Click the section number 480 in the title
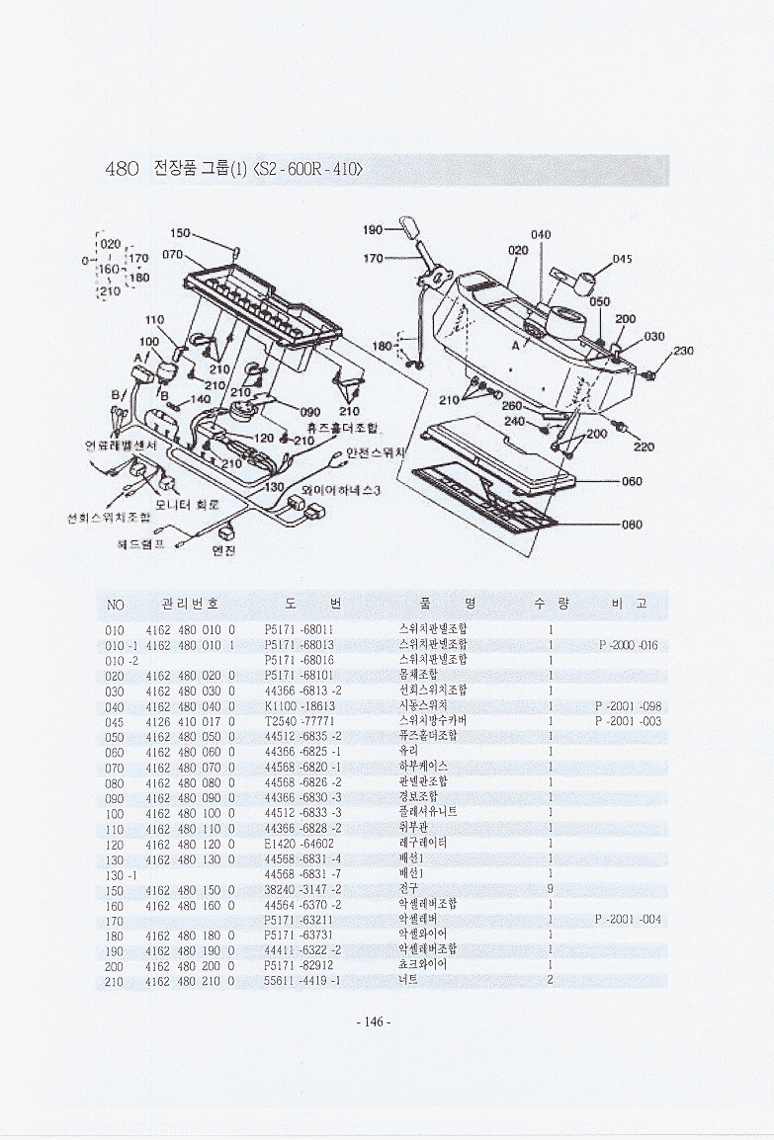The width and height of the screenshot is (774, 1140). pos(122,169)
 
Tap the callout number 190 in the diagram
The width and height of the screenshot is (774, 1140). pos(373,229)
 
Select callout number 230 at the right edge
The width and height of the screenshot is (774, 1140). pos(683,350)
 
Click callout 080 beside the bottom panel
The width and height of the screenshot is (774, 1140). pos(632,525)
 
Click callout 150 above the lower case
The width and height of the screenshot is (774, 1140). pos(181,233)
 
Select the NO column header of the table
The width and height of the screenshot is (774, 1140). pos(115,604)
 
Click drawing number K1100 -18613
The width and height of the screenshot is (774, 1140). pos(301,706)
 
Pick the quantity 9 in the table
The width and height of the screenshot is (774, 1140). pos(550,889)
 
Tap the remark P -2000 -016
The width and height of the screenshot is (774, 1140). pos(629,645)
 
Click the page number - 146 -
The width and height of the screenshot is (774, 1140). pos(373,1021)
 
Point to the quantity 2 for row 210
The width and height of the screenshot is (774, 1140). pos(550,980)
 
